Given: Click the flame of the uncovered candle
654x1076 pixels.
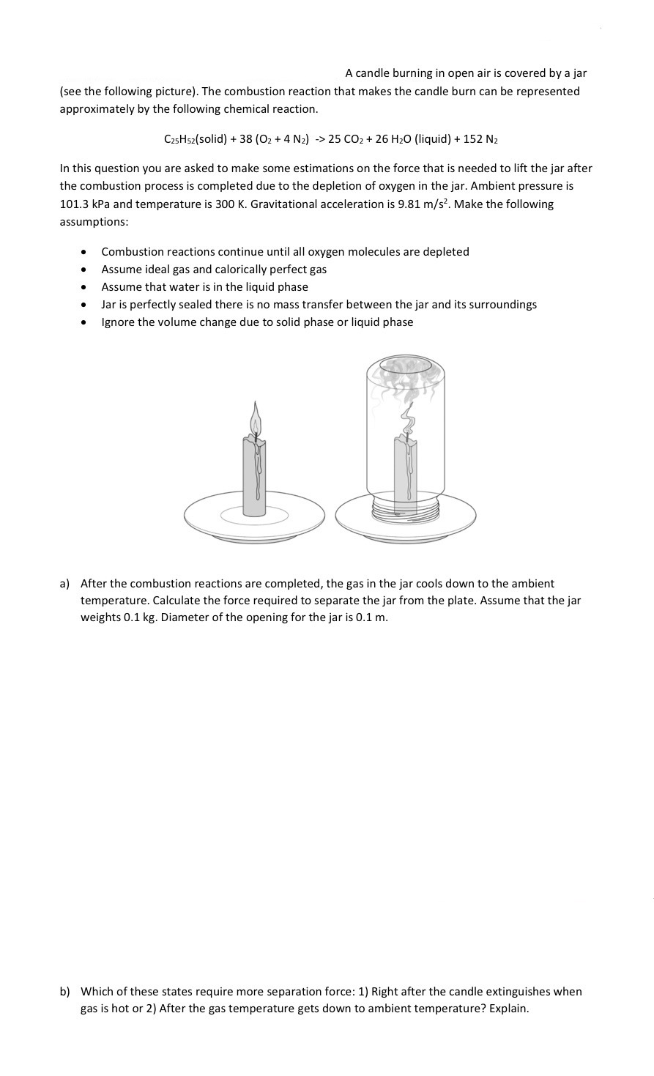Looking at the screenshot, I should pos(255,420).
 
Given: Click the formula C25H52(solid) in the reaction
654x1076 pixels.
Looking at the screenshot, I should pos(196,138).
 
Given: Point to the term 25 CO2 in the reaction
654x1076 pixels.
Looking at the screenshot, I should pos(347,138).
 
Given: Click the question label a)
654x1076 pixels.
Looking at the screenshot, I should pos(64,584).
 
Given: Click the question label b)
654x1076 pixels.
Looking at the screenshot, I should pos(64,991).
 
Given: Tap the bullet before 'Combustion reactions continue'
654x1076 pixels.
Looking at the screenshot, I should pos(86,252).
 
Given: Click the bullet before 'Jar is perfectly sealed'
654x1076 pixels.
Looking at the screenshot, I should pos(86,305).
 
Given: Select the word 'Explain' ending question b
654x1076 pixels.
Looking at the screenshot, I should pos(507,1009).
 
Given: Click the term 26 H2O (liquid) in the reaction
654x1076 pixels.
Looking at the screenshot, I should pos(415,138).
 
